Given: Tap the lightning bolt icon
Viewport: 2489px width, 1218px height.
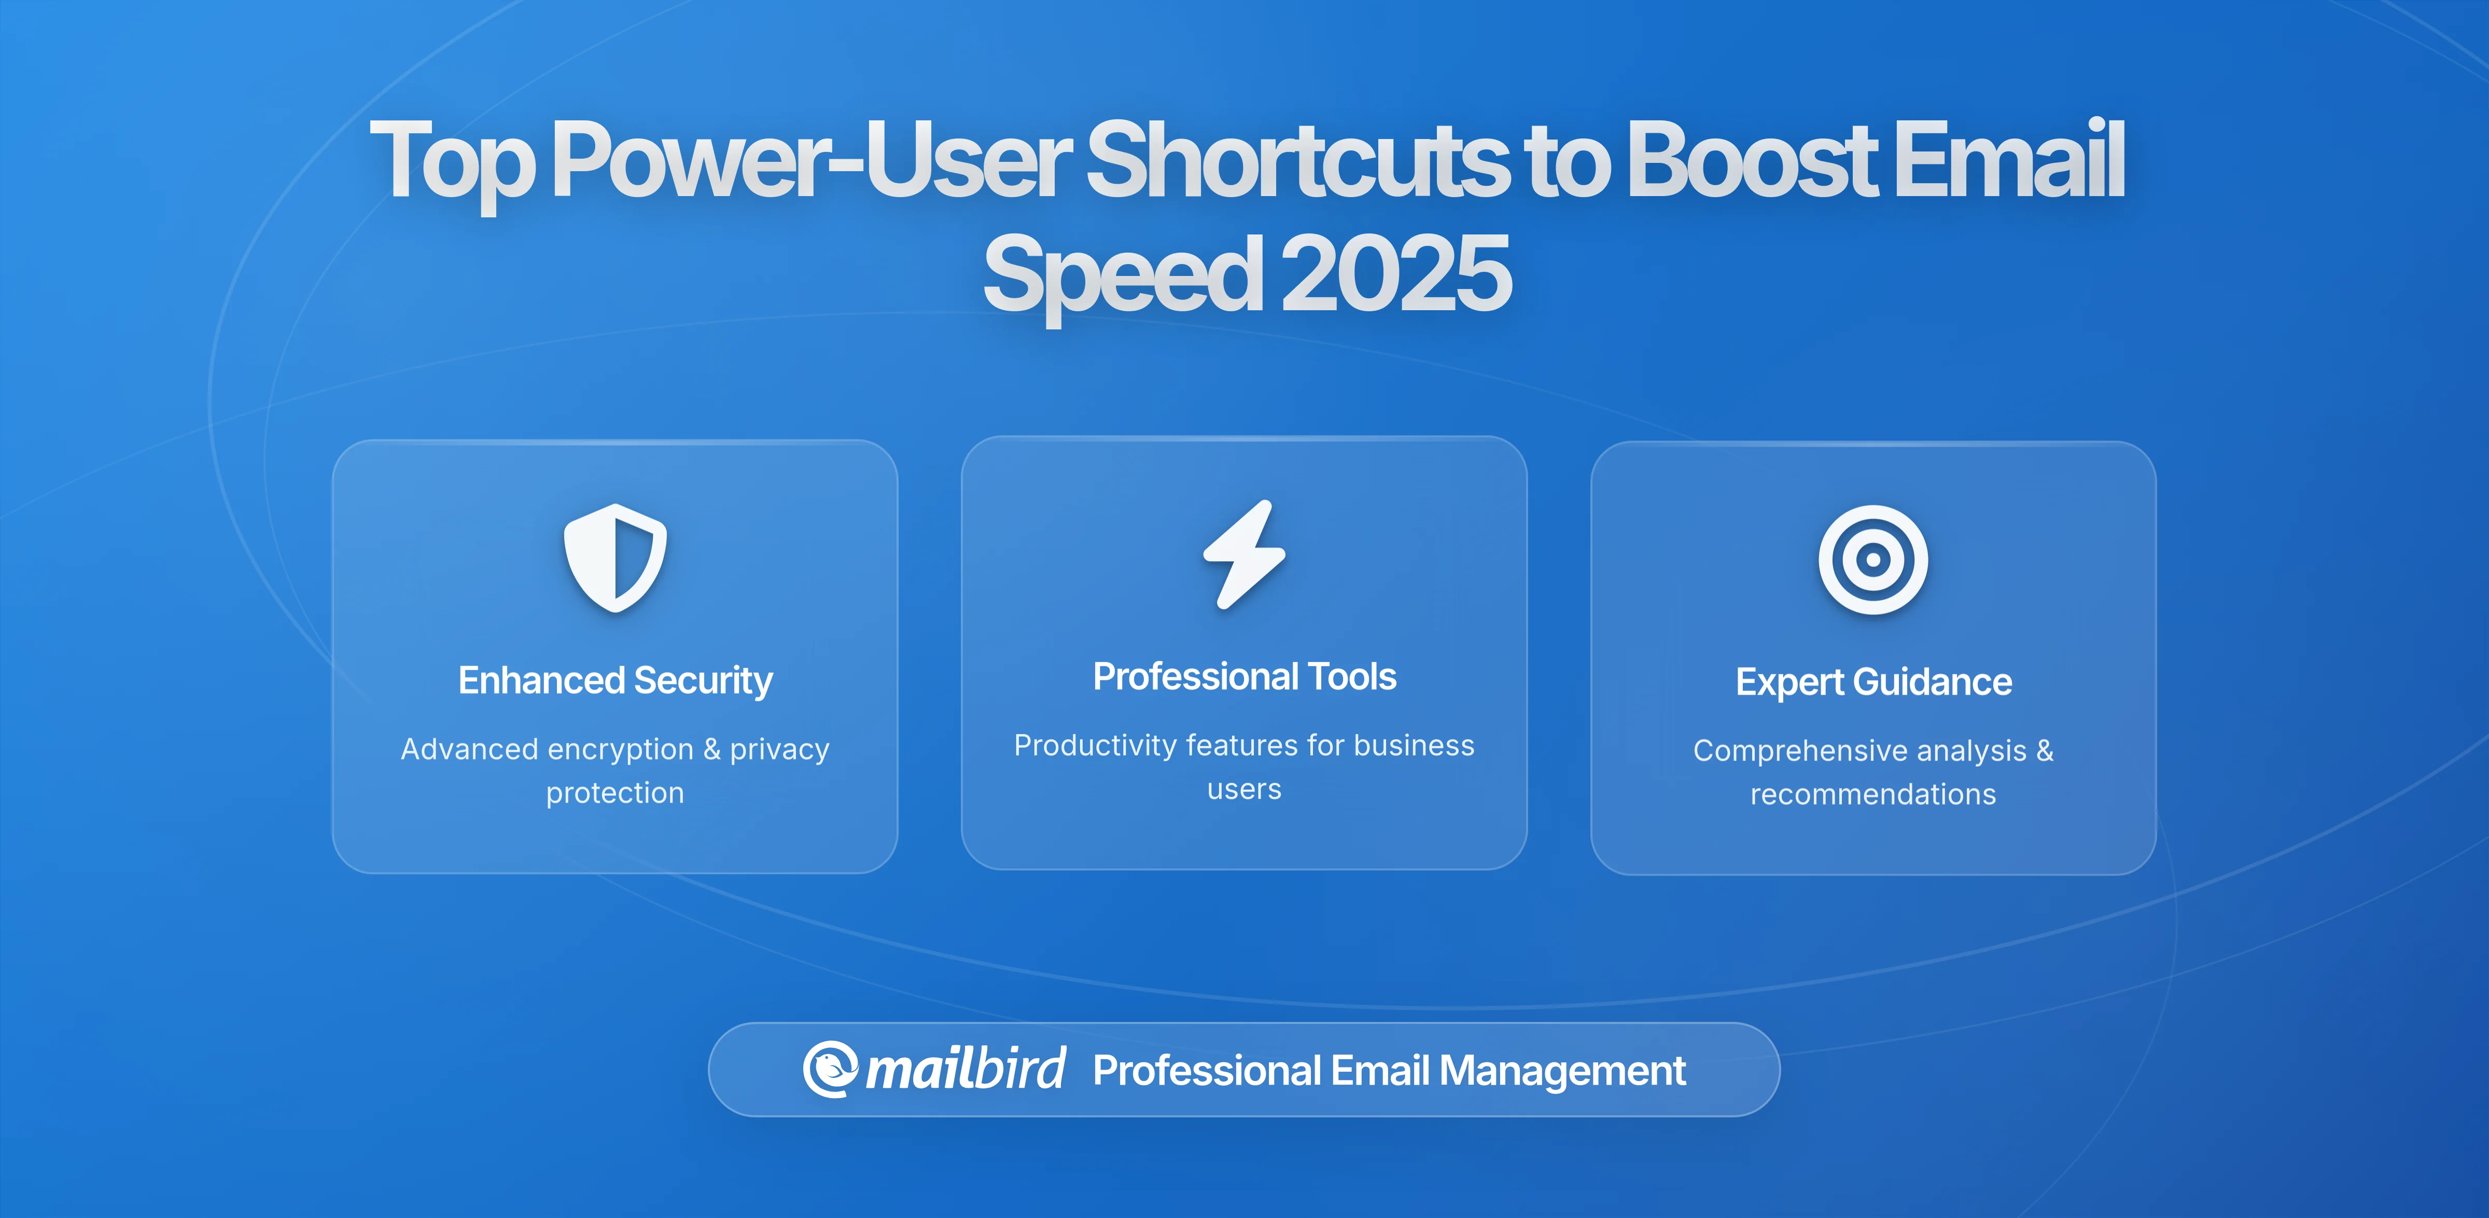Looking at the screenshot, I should tap(1244, 555).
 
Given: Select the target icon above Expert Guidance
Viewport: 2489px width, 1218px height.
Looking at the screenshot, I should tap(1872, 560).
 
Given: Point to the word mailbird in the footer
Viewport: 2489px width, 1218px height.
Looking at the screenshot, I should tap(965, 1069).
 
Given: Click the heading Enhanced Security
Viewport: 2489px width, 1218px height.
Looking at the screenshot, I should tap(616, 681).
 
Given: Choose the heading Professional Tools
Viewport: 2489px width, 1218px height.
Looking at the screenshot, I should tap(1244, 676).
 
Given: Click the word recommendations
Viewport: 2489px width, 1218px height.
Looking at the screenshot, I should tap(1872, 795).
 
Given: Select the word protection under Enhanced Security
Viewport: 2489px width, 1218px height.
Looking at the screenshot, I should tap(614, 793).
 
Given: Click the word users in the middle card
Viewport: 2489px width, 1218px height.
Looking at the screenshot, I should tap(1244, 790).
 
